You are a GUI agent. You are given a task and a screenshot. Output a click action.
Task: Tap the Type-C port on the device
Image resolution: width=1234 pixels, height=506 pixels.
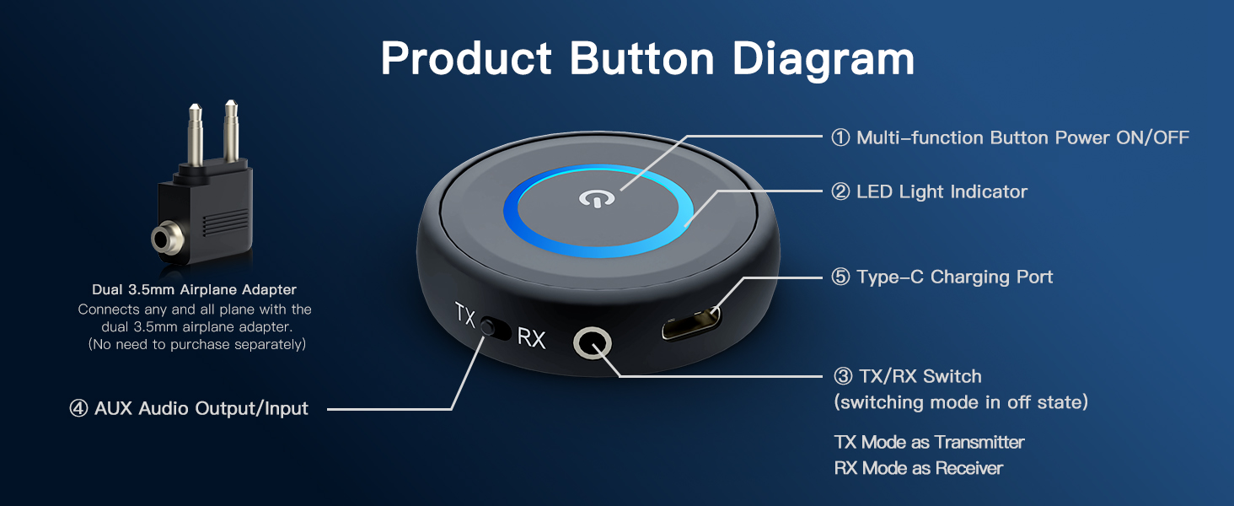(691, 323)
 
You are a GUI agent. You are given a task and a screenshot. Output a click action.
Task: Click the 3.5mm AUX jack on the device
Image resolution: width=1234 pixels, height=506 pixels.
(592, 344)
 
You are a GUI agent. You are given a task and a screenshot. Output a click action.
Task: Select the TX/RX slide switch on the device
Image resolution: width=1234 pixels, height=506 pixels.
(496, 327)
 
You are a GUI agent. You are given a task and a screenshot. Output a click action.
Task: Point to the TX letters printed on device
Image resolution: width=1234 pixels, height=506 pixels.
(464, 315)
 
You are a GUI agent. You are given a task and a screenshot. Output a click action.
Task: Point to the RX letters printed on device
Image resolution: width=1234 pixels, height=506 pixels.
(531, 338)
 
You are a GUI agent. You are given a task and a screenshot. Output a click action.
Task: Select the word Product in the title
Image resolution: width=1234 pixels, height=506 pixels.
(466, 59)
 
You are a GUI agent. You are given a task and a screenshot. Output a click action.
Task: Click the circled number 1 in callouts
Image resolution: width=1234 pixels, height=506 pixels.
(840, 137)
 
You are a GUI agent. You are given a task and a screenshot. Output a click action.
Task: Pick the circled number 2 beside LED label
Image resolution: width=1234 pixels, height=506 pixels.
(840, 191)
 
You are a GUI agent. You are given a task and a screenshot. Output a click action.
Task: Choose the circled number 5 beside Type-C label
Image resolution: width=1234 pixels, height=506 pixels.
(840, 277)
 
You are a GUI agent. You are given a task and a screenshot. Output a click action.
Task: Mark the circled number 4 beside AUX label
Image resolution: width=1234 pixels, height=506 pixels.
(78, 409)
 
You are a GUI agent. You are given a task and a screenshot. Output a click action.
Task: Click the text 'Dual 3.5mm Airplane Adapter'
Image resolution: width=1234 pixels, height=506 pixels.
(194, 290)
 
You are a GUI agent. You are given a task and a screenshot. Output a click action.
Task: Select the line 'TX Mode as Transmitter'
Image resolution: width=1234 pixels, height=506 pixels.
(929, 442)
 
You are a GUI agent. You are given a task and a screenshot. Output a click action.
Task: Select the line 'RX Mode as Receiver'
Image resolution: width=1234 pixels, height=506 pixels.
(918, 468)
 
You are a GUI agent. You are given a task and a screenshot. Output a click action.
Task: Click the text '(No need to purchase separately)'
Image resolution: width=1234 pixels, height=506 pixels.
(197, 344)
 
